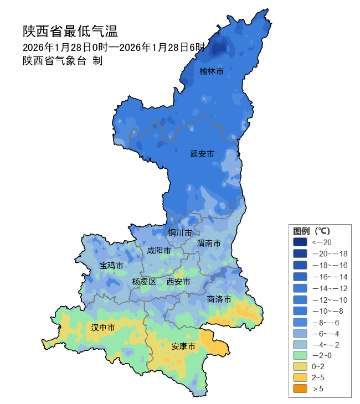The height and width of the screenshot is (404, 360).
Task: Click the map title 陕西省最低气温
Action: (x=70, y=30)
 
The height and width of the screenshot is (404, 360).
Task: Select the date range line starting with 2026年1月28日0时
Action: (x=114, y=47)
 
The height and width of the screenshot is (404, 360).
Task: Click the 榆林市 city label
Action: (x=212, y=71)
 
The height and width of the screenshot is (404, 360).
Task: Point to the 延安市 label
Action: (x=202, y=153)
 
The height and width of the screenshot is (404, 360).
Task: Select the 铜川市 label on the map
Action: (x=180, y=232)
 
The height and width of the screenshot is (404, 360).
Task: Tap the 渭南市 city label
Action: (x=209, y=243)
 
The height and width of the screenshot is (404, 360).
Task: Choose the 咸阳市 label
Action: (x=159, y=251)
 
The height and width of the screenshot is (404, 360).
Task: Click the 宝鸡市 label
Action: (x=111, y=266)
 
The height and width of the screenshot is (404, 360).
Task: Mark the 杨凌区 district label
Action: (x=144, y=282)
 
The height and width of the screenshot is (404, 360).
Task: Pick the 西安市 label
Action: (x=178, y=282)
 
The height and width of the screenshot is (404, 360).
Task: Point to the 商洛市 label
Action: (x=219, y=299)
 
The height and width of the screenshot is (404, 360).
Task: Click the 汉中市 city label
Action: (x=103, y=328)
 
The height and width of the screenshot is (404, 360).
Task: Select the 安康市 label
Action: (x=183, y=346)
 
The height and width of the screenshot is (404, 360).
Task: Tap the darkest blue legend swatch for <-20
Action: (x=300, y=242)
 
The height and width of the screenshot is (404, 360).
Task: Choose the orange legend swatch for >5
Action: (x=300, y=389)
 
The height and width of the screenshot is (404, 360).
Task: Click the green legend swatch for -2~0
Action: (x=300, y=355)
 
